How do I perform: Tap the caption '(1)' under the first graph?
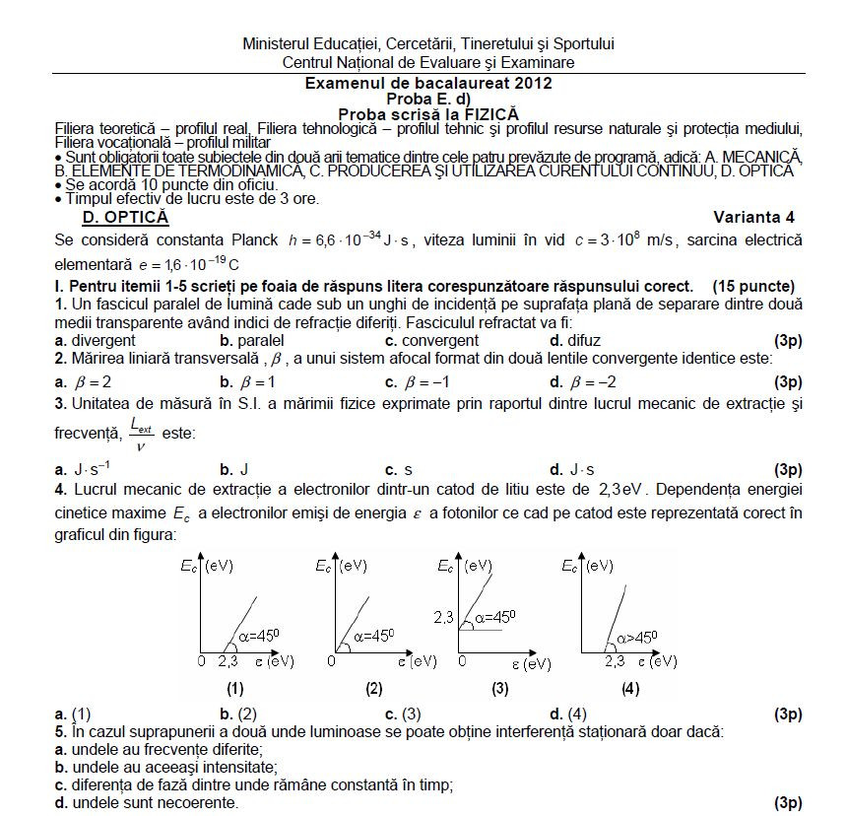point(234,689)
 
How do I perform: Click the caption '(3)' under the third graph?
point(500,689)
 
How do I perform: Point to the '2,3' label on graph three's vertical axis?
point(443,617)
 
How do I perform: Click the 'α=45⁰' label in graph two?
point(372,636)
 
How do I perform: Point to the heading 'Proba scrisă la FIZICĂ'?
point(427,114)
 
